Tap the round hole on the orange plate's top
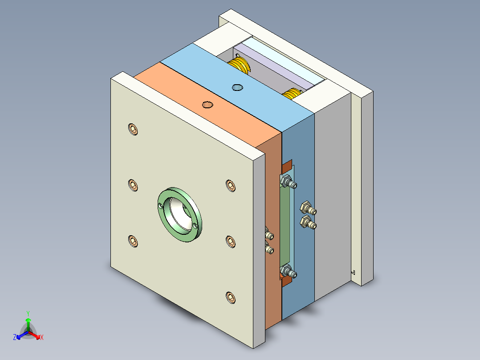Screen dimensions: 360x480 pyautogui.click(x=207, y=105)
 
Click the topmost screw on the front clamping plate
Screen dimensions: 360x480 pyautogui.click(x=133, y=130)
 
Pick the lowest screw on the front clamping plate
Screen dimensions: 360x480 pyautogui.click(x=231, y=297)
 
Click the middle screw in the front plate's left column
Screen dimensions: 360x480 pyautogui.click(x=133, y=184)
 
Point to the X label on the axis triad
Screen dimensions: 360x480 pyautogui.click(x=42, y=338)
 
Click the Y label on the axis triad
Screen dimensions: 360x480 pyautogui.click(x=28, y=313)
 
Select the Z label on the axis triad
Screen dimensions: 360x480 pyautogui.click(x=15, y=338)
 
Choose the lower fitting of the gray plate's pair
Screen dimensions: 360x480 pyautogui.click(x=308, y=222)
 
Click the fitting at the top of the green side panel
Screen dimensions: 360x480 pyautogui.click(x=288, y=182)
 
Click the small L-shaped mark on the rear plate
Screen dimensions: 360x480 pyautogui.click(x=353, y=271)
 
